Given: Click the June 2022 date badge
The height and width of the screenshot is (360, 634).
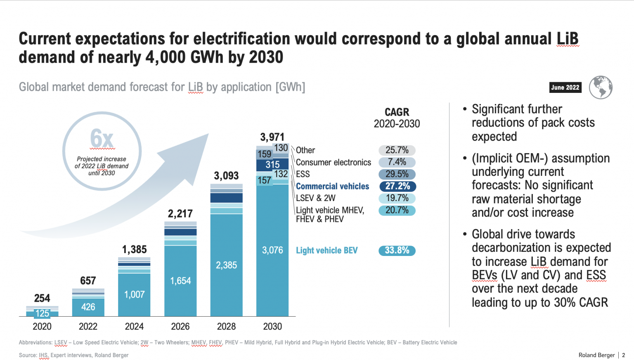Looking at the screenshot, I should (x=565, y=88).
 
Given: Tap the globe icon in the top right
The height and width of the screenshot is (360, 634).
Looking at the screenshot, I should (x=601, y=88).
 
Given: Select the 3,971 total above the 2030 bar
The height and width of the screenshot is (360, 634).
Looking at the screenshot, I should (x=272, y=137).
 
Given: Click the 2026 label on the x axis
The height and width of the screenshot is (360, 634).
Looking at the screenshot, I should (x=180, y=327).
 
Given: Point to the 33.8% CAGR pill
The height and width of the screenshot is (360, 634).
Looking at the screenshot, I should (x=397, y=251).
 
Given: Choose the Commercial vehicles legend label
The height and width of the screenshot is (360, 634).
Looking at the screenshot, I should (x=332, y=187).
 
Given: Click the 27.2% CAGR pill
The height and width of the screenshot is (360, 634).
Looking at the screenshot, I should (x=397, y=187).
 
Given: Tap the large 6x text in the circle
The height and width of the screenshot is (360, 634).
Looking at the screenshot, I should (x=102, y=138).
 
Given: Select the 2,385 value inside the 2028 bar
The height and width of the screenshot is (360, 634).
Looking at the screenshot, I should (x=226, y=265).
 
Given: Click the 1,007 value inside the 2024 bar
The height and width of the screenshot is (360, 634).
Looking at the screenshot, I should (x=134, y=295).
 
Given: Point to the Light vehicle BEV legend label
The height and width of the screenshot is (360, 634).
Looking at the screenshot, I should (x=326, y=251).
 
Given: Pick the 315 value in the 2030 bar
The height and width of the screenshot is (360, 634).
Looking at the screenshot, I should (x=272, y=165).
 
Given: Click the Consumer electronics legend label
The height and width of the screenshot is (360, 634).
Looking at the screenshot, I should (x=333, y=163).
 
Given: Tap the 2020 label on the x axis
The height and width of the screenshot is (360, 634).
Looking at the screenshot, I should (x=42, y=327).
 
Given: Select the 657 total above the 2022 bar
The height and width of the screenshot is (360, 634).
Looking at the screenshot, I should (x=88, y=281).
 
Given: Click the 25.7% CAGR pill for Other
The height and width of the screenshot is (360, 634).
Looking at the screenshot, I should (x=397, y=150).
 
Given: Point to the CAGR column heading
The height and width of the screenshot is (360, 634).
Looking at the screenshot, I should (x=397, y=112).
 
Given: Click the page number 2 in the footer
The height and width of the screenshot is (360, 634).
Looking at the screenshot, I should (x=623, y=355).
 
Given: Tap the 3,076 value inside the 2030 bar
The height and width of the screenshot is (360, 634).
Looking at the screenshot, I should (x=272, y=251).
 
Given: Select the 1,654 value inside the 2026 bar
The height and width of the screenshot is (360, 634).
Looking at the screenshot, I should (x=180, y=281).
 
